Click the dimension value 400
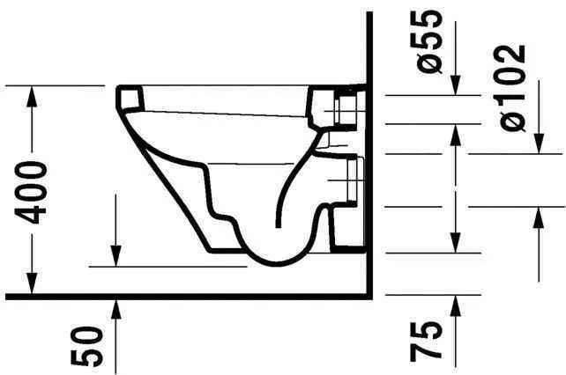pyautogui.click(x=30, y=192)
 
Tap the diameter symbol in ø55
pyautogui.click(x=430, y=64)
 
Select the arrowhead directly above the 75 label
pyautogui.click(x=455, y=305)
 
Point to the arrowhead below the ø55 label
pyautogui.click(x=455, y=85)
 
